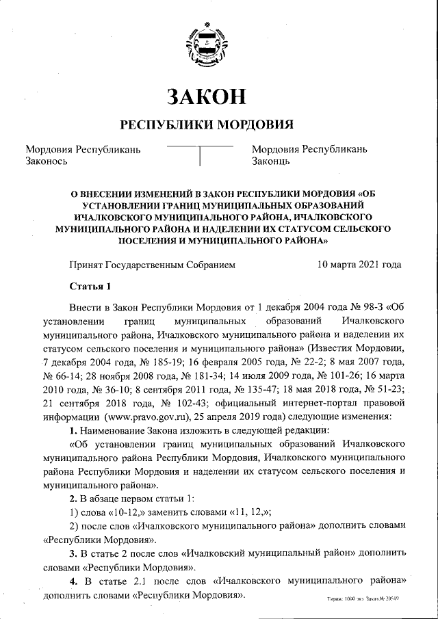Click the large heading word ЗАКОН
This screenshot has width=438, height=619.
pyautogui.click(x=207, y=96)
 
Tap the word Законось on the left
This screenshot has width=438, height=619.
pyautogui.click(x=46, y=161)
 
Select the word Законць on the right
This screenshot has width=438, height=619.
pyautogui.click(x=272, y=161)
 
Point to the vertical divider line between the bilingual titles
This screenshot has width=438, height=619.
pyautogui.click(x=199, y=156)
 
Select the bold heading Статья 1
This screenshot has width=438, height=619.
pyautogui.click(x=90, y=285)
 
